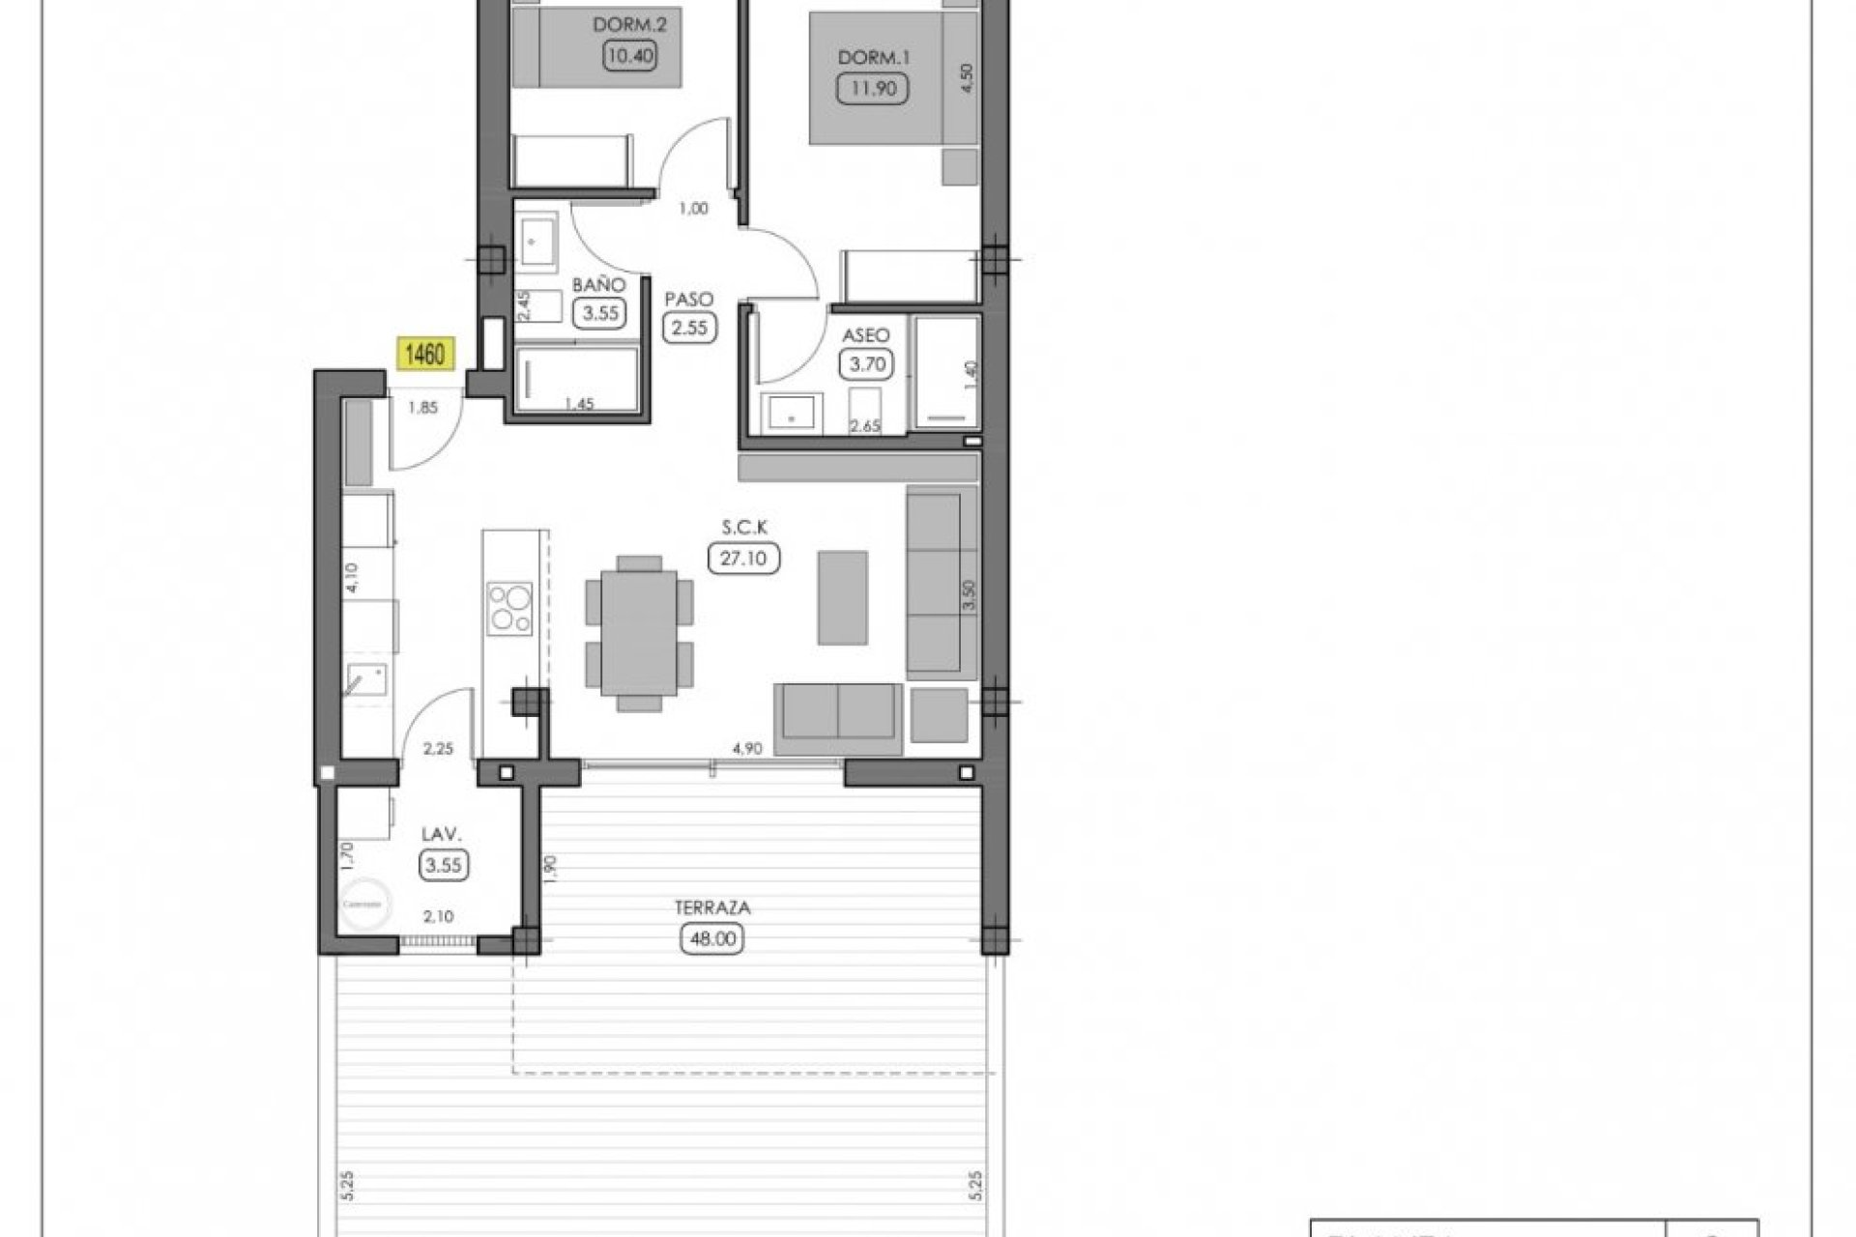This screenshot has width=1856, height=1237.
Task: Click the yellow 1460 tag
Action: [x=424, y=355]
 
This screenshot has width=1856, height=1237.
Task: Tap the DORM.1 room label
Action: [x=874, y=58]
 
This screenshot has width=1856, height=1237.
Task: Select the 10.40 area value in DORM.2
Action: [x=629, y=56]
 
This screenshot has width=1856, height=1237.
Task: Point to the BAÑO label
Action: [x=598, y=285]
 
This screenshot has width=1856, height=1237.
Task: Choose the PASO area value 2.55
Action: [x=690, y=328]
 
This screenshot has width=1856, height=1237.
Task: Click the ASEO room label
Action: [x=866, y=335]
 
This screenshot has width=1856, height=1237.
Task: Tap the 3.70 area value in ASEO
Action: [x=866, y=364]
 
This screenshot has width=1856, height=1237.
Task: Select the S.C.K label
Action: [x=743, y=528]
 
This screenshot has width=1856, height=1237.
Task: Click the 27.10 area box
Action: [x=743, y=558]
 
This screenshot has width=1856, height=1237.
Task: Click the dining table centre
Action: [x=638, y=632]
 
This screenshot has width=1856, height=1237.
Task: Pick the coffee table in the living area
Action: [x=842, y=597]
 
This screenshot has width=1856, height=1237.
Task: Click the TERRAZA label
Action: [x=713, y=908]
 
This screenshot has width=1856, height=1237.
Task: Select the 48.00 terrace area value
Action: [x=713, y=938]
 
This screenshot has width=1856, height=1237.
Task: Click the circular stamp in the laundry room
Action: [x=366, y=905]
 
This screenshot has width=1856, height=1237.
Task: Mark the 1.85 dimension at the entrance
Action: [x=423, y=408]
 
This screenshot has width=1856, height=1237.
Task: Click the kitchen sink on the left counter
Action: [x=366, y=680]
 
